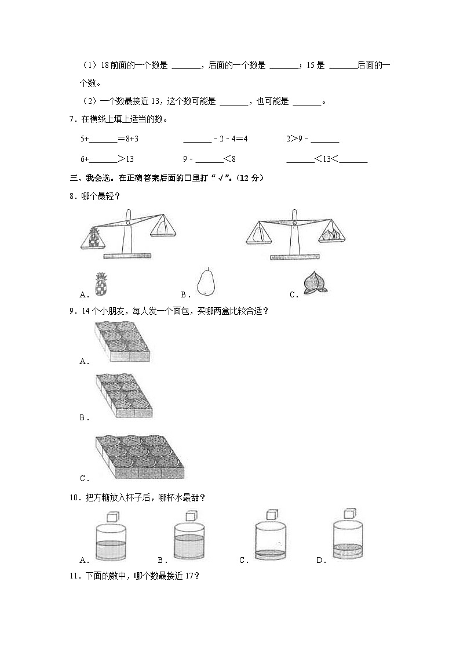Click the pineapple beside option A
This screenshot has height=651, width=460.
[x=101, y=285]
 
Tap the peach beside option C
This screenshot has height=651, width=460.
[x=316, y=285]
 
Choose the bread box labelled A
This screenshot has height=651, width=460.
[x=122, y=343]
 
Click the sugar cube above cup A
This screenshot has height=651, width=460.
[x=114, y=514]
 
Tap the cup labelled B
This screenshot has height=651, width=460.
[x=189, y=542]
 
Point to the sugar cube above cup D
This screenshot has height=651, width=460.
[x=349, y=514]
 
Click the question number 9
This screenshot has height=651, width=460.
[x=71, y=311]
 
